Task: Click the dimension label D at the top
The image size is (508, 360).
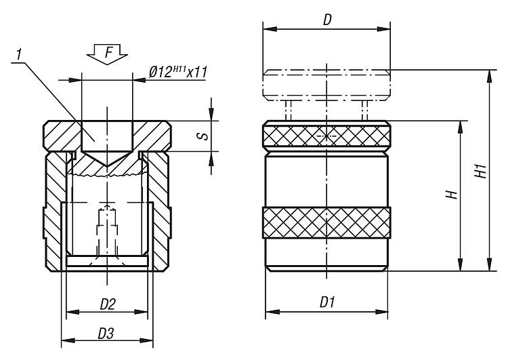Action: tap(328, 20)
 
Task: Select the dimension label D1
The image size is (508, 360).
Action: tap(327, 302)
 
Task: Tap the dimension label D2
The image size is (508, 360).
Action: tap(108, 304)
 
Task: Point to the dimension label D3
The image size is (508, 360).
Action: tap(106, 333)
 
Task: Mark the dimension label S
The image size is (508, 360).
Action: tap(204, 136)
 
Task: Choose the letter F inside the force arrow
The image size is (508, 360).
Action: tap(109, 52)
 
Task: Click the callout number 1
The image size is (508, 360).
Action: tap(20, 54)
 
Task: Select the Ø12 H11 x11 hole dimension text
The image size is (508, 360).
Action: tap(177, 72)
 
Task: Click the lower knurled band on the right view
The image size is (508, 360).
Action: tap(326, 222)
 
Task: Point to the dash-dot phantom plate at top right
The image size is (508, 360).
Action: tap(326, 85)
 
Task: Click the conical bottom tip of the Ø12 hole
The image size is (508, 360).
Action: tap(107, 165)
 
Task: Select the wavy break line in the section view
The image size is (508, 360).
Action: tap(107, 176)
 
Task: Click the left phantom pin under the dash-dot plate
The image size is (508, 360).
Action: tap(288, 111)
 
